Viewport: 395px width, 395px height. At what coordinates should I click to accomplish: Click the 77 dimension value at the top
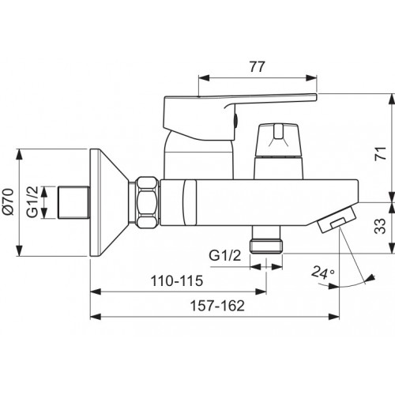257,66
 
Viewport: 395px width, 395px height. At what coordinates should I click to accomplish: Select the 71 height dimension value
381,153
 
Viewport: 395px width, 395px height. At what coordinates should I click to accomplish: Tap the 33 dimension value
380,226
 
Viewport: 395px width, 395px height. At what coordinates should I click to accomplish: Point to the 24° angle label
322,273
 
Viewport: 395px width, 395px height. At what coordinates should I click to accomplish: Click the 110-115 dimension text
177,280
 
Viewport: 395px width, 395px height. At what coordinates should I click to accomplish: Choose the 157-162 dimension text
217,306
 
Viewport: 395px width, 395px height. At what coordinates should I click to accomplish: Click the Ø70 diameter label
7,202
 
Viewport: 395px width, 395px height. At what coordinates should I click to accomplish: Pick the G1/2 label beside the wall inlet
32,202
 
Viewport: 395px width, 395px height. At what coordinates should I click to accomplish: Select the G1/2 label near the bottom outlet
225,255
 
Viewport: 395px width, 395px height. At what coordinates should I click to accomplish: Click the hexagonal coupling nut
148,202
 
